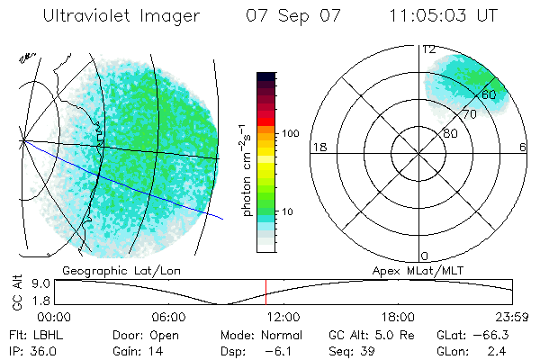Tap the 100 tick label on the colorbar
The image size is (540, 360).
point(291,133)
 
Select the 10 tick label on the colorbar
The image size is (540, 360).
point(288,212)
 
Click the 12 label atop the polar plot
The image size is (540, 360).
point(429,49)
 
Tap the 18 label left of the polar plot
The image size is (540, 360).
point(318,148)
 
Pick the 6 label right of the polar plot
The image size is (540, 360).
point(524,148)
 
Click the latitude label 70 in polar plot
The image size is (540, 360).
point(469,114)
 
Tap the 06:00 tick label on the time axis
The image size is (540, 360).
point(168,317)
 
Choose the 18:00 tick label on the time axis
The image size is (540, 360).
point(398,317)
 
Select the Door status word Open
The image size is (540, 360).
point(167,334)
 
